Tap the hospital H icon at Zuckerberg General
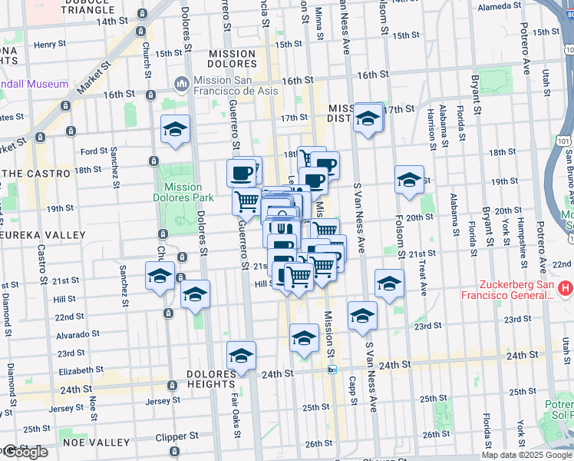click(566, 289)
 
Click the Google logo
click(25, 452)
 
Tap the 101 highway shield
click(564, 141)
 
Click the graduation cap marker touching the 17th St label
click(368, 118)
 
